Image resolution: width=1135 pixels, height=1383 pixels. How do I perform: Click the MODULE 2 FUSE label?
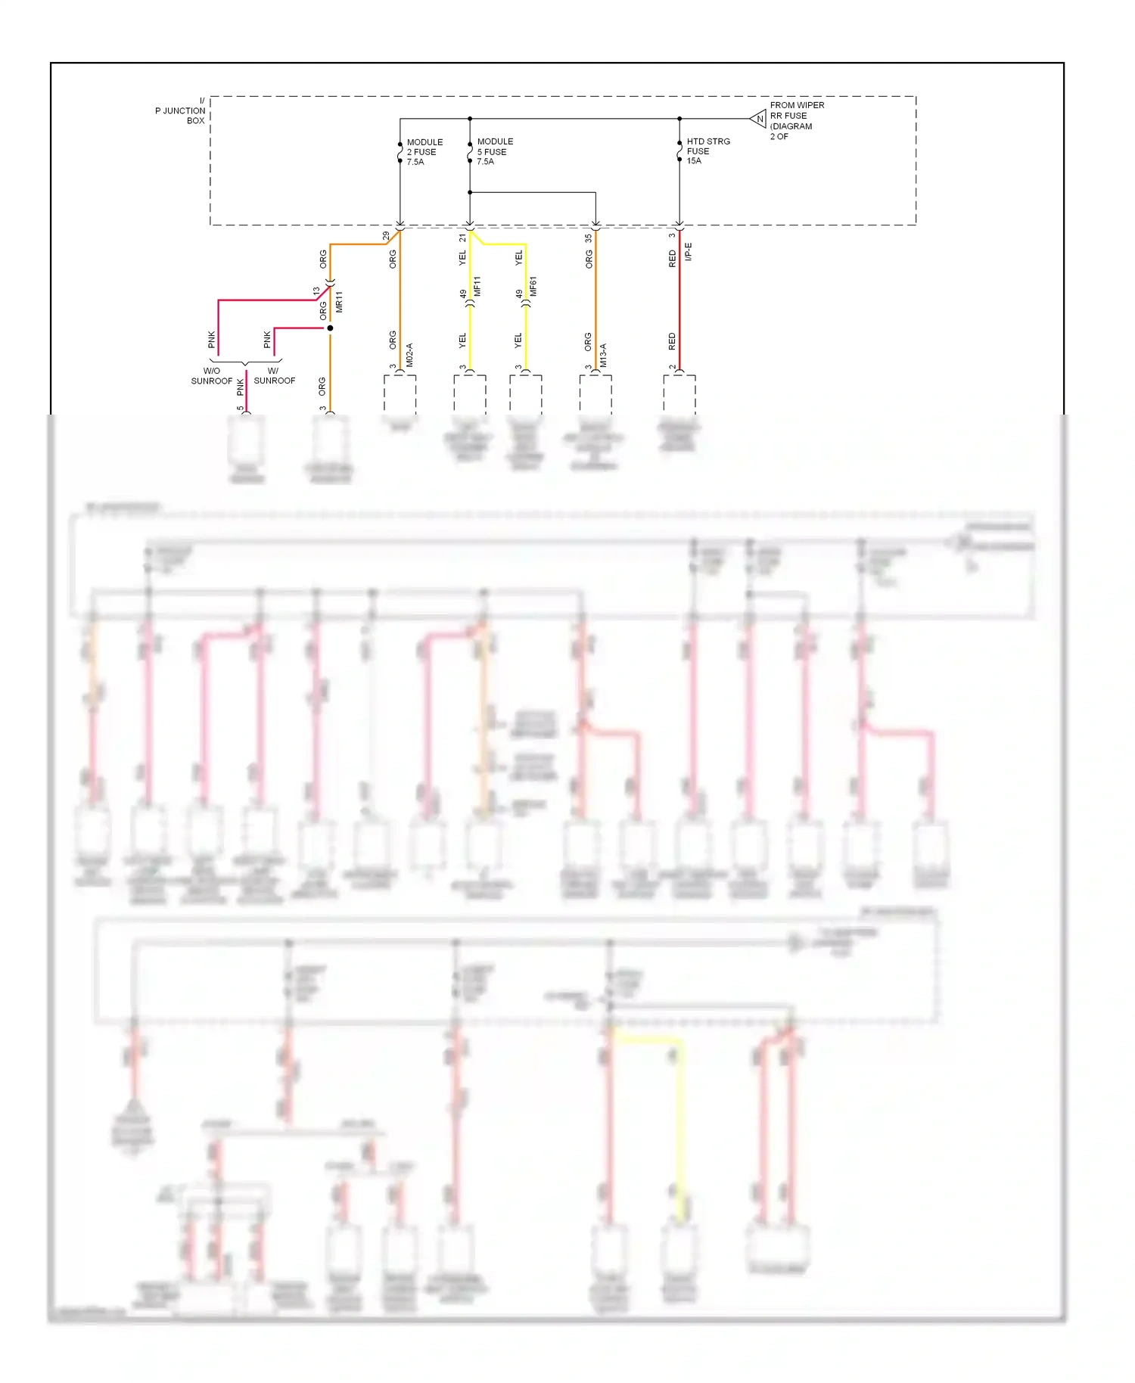tap(424, 152)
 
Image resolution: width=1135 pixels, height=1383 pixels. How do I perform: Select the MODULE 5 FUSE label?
tap(494, 151)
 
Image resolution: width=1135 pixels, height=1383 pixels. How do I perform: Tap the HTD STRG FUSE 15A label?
tap(707, 151)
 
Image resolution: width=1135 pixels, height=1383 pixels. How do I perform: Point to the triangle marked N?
tap(759, 119)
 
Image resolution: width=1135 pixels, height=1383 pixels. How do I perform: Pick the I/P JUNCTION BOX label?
tap(182, 111)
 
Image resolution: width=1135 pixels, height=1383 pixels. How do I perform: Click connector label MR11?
tap(339, 301)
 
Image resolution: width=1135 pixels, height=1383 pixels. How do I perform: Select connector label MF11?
tap(477, 286)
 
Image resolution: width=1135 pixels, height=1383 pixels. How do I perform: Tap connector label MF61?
tap(533, 286)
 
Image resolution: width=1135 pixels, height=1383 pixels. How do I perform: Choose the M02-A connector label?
tap(409, 355)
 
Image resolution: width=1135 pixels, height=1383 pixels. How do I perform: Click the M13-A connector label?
tap(604, 355)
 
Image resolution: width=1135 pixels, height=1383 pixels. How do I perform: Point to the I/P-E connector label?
tap(689, 252)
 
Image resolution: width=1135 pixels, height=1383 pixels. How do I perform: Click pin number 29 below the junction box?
tap(387, 236)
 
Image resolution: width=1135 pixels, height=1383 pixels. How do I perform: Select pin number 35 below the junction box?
tap(588, 238)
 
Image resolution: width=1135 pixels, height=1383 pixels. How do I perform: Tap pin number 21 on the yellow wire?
tap(462, 238)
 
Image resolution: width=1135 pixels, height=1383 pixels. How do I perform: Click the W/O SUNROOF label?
tap(212, 376)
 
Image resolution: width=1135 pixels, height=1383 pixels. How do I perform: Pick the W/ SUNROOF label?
tap(274, 376)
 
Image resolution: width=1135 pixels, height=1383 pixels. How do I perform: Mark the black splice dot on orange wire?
tap(330, 328)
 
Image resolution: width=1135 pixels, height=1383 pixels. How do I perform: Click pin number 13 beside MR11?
tap(316, 291)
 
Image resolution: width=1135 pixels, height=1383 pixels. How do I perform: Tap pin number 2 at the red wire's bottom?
tap(672, 368)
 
